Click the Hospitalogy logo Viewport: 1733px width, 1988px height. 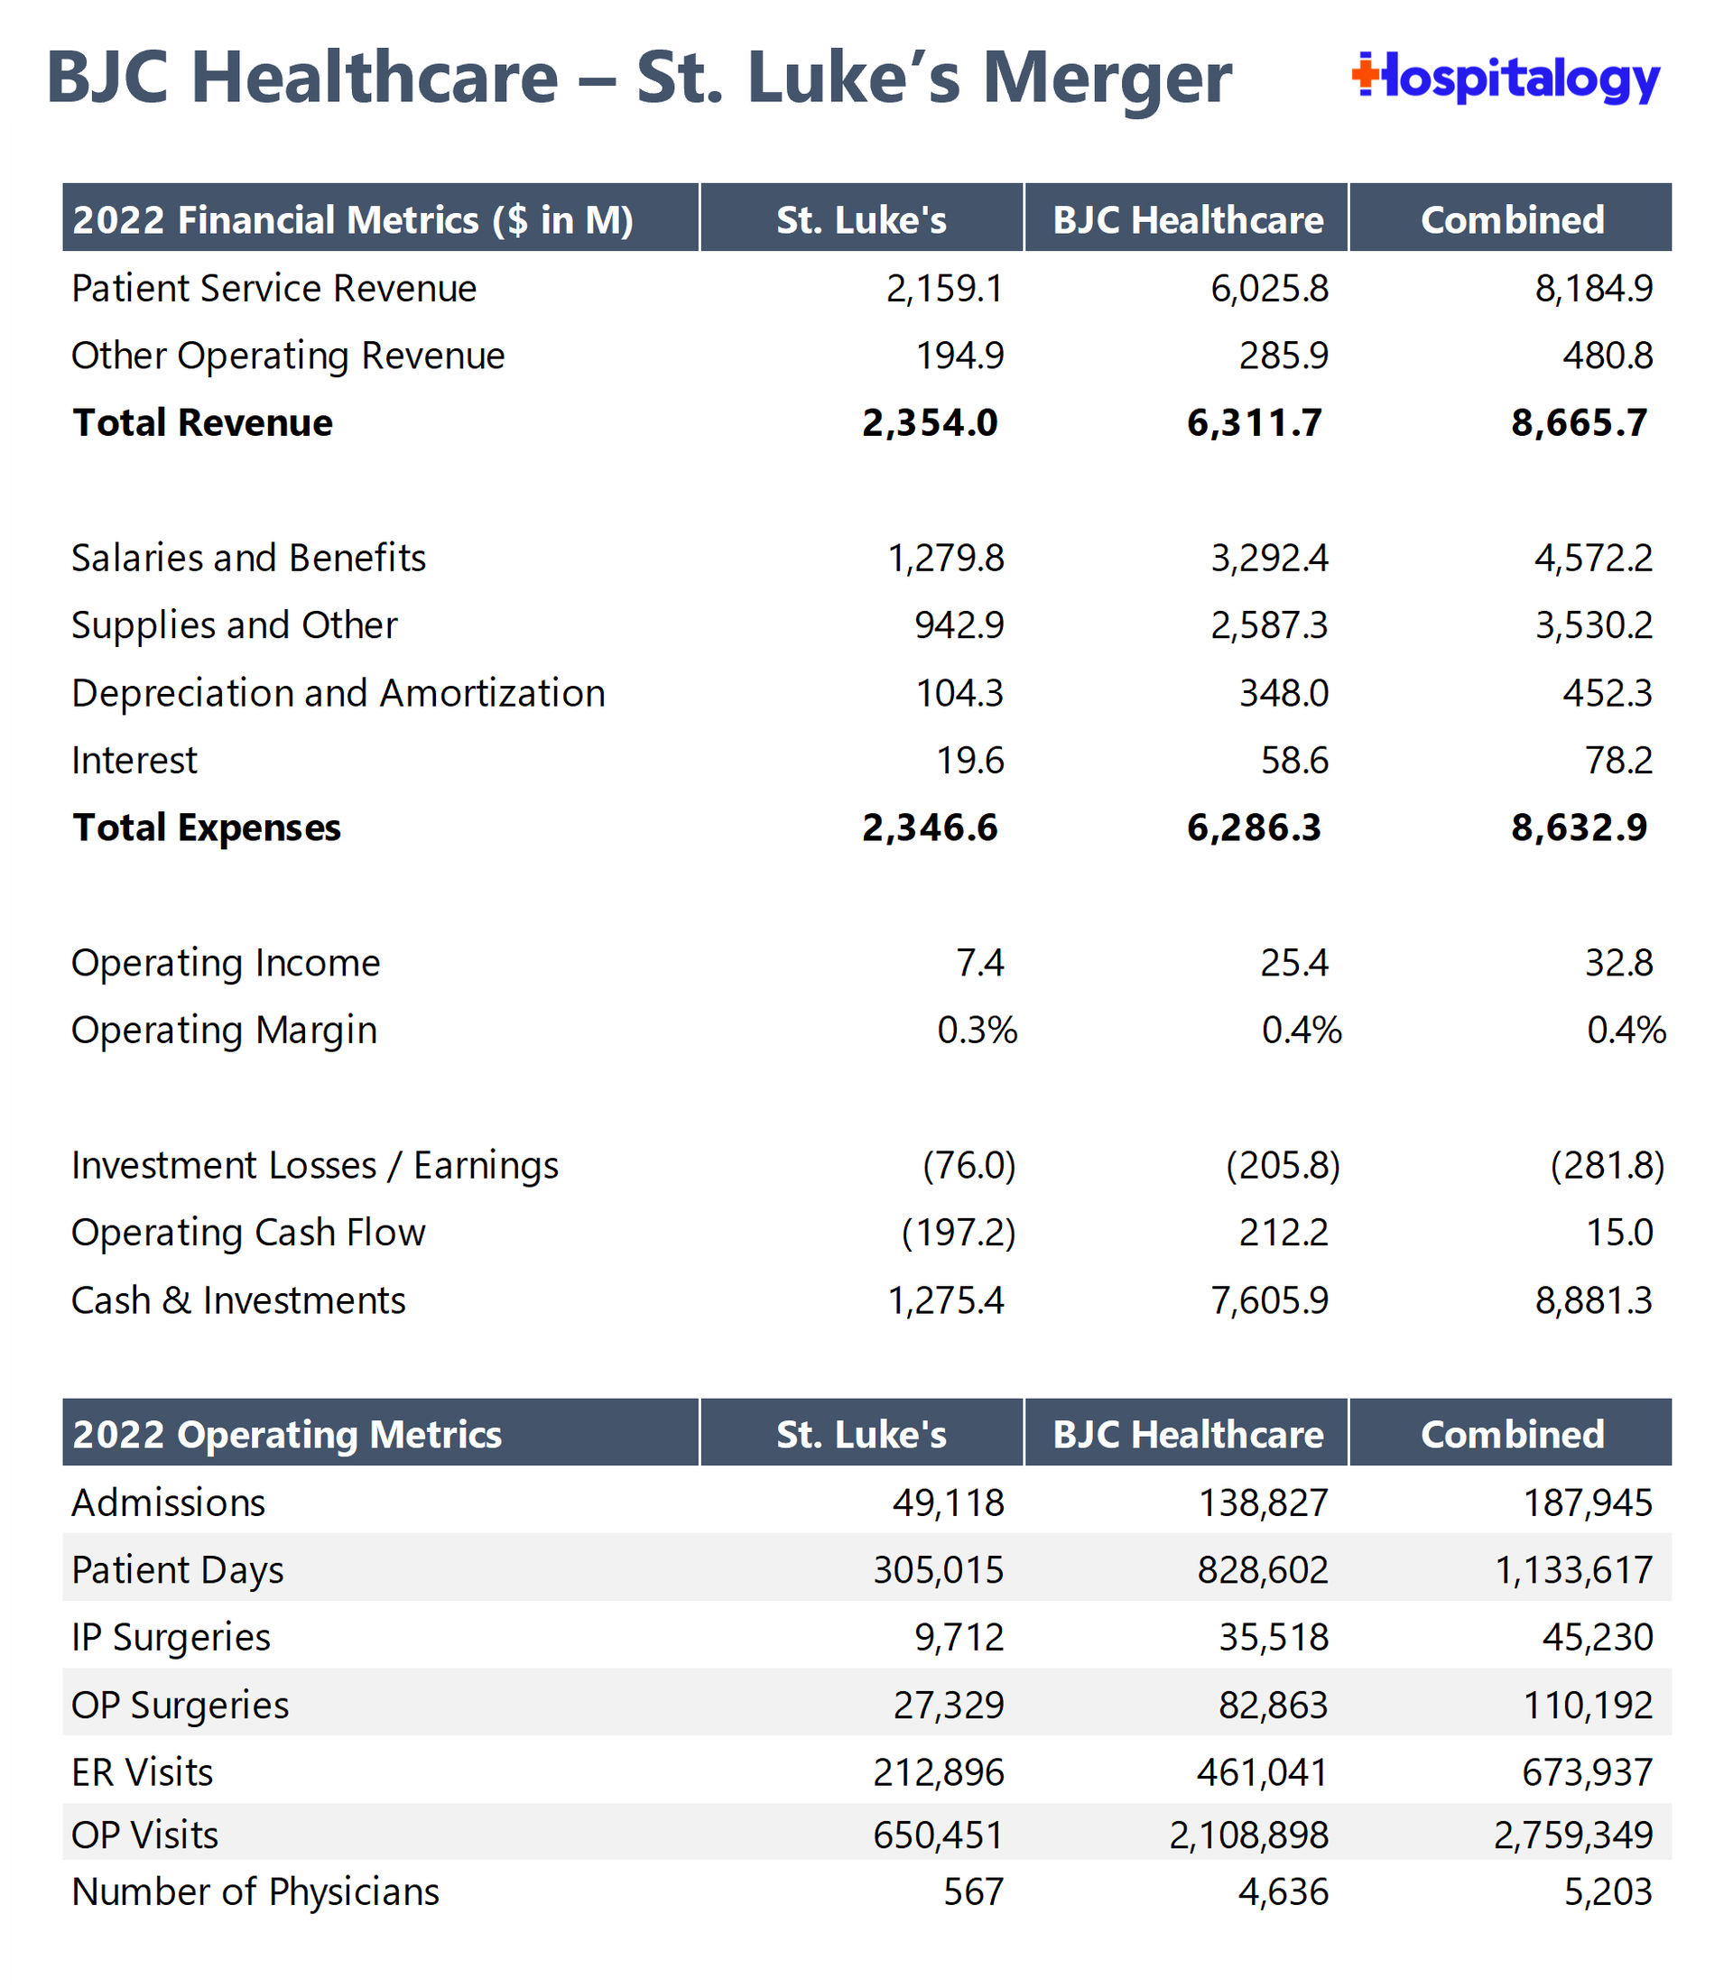click(x=1506, y=79)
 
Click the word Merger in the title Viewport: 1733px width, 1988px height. click(x=1107, y=78)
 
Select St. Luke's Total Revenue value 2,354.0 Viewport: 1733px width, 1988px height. click(x=930, y=423)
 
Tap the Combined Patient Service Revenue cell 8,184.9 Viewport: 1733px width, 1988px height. click(x=1594, y=289)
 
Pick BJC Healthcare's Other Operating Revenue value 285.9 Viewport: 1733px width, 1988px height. click(x=1284, y=356)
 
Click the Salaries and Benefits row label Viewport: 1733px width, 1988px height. click(x=248, y=558)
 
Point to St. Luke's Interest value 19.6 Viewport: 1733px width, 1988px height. click(x=970, y=761)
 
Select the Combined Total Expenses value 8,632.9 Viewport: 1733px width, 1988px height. click(x=1579, y=828)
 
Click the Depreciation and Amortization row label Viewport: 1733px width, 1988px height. click(x=338, y=693)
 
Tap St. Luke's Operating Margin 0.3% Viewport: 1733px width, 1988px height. click(x=977, y=1030)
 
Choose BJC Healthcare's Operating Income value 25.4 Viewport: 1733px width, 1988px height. click(x=1294, y=963)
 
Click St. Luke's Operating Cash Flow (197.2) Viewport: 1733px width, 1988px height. click(x=959, y=1233)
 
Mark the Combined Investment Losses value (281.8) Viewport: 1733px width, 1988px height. click(x=1608, y=1166)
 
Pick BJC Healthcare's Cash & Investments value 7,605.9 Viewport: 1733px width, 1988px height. click(x=1270, y=1300)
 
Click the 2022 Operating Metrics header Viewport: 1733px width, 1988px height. click(x=287, y=1435)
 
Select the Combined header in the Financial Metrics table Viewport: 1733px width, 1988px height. click(x=1512, y=220)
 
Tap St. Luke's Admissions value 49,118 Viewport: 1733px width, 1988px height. click(x=948, y=1503)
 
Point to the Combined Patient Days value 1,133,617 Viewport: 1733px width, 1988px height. click(x=1573, y=1570)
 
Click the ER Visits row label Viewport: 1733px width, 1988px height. click(x=143, y=1772)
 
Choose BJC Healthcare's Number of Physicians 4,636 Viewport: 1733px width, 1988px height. click(x=1284, y=1891)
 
